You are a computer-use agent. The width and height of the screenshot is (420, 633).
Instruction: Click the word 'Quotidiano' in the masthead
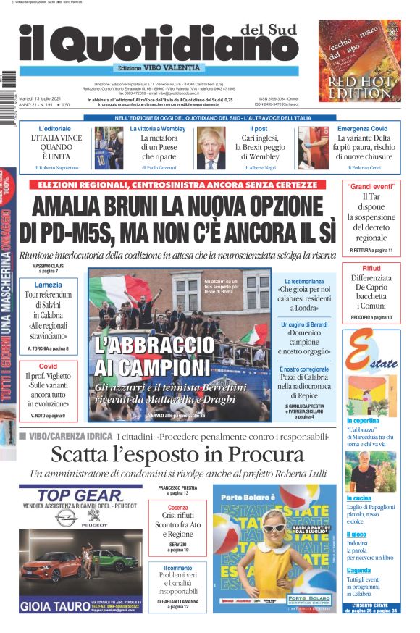[182, 46]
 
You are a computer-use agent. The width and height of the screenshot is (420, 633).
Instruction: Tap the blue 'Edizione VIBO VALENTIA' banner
[159, 68]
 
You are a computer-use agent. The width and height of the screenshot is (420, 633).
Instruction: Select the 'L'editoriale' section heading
[54, 129]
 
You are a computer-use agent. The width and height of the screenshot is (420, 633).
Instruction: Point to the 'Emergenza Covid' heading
[362, 129]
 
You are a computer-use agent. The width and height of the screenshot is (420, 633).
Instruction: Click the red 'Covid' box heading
[48, 366]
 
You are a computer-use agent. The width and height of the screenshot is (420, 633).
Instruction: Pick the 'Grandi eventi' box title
[371, 185]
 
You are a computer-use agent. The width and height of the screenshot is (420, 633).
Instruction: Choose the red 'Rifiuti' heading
[371, 268]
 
